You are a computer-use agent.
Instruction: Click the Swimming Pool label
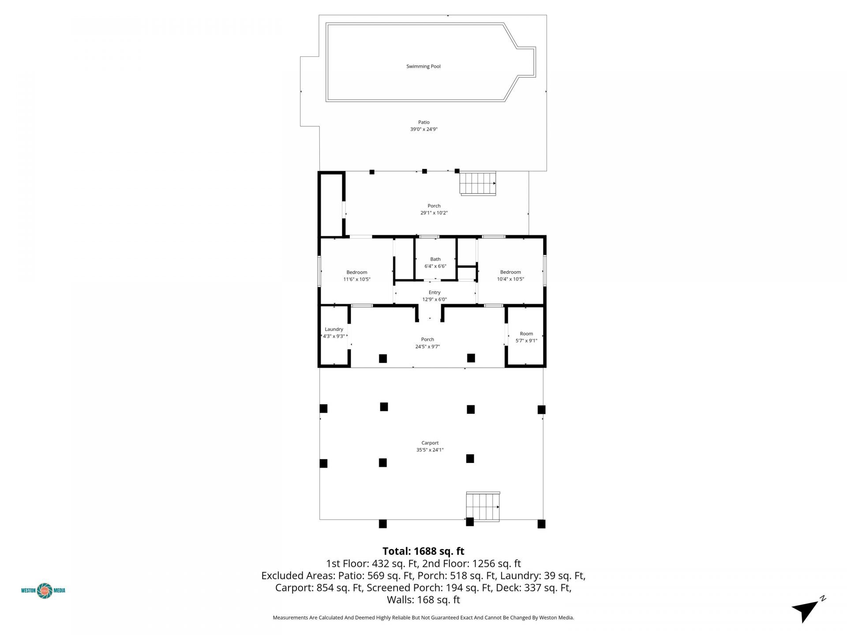[423, 67]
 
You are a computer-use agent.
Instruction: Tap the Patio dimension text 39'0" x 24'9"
[423, 130]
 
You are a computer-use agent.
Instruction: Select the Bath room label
[435, 259]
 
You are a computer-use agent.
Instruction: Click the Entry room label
[434, 292]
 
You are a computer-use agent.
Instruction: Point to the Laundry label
[334, 329]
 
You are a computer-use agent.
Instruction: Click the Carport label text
[430, 443]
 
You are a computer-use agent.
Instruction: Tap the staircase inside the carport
[483, 507]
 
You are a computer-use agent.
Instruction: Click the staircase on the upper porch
[478, 183]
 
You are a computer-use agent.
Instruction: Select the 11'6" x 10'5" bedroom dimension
[356, 279]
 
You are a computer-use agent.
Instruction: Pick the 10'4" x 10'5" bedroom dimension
[510, 279]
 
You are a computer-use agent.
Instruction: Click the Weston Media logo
[43, 590]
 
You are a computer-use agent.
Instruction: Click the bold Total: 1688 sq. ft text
[423, 551]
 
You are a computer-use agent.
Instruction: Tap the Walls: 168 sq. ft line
[423, 600]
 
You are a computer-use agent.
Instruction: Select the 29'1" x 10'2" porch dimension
[434, 213]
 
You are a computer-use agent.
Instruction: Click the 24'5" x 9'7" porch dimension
[427, 347]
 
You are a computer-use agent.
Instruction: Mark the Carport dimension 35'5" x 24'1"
[430, 450]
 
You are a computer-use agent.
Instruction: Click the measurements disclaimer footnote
[423, 618]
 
